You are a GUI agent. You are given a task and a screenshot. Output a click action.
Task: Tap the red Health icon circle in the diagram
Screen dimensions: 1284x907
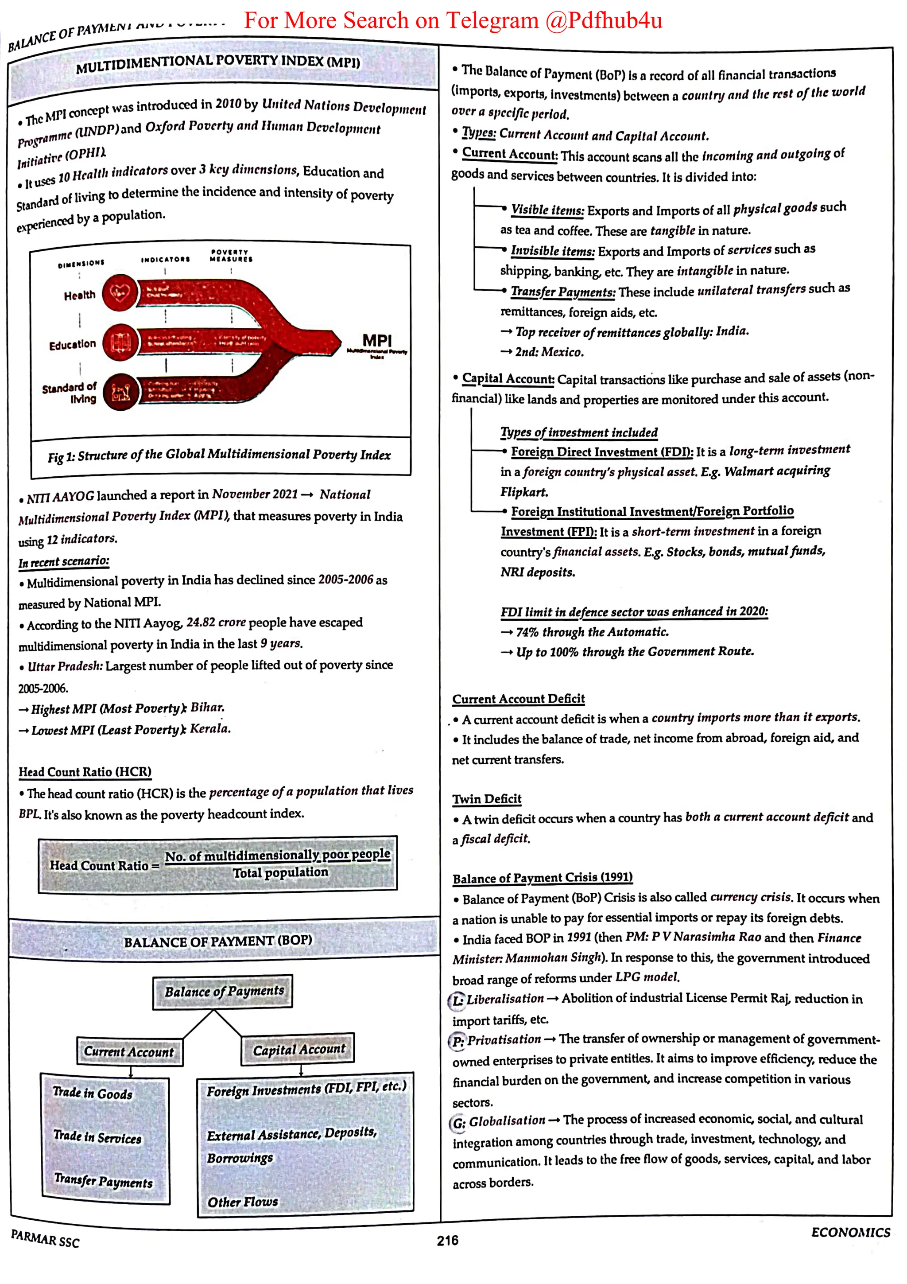(x=120, y=292)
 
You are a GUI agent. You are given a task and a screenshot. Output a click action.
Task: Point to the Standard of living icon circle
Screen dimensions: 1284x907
(x=120, y=392)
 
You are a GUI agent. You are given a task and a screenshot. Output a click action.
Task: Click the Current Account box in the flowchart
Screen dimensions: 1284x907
(x=129, y=1051)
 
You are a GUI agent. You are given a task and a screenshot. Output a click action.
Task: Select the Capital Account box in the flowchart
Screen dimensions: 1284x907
(x=298, y=1050)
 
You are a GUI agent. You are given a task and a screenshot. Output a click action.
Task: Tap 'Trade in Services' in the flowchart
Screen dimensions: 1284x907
(x=98, y=1137)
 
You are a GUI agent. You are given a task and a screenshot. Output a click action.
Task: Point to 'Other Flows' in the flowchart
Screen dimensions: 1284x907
(x=243, y=1201)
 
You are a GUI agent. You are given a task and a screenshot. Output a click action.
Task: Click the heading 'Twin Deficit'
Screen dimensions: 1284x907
(x=487, y=798)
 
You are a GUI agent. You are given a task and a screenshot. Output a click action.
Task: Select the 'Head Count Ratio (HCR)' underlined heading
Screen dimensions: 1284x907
(x=85, y=772)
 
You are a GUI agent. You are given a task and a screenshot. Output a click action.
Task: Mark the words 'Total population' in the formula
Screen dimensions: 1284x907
(x=280, y=873)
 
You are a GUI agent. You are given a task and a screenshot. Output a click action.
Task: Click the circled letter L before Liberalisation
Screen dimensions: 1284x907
(x=457, y=1000)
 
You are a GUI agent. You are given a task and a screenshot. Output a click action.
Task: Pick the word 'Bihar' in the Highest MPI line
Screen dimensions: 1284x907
(x=207, y=708)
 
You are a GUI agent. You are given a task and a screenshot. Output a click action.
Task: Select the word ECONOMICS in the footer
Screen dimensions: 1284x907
(x=850, y=1233)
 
